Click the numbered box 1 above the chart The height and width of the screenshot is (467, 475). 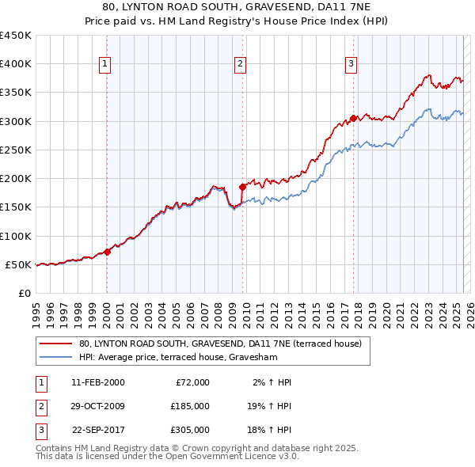point(106,65)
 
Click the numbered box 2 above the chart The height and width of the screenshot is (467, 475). point(241,65)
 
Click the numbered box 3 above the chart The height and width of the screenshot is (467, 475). point(351,65)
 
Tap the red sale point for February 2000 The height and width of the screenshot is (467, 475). point(107,252)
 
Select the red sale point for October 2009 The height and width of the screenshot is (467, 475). point(242,188)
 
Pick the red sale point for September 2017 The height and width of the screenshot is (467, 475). point(352,120)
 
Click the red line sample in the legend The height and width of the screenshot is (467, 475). point(57,344)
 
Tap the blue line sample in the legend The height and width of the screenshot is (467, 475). point(57,356)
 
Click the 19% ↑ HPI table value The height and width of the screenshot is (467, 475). point(268,406)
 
